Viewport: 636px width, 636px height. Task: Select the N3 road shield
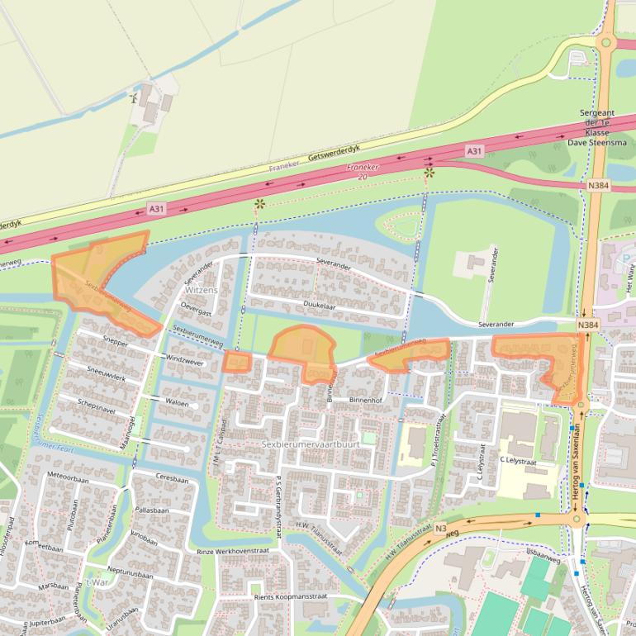tap(441, 529)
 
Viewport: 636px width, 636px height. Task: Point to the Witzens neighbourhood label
tap(202, 291)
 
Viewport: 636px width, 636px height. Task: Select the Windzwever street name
tap(185, 361)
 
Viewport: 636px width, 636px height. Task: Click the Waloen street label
tap(177, 403)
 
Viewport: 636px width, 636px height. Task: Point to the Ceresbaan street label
tap(172, 479)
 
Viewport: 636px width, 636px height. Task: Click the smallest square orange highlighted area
tap(236, 362)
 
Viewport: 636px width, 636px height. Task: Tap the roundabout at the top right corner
tap(605, 42)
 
